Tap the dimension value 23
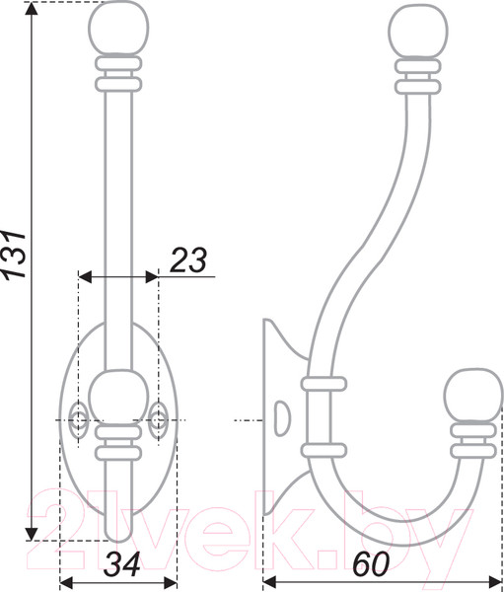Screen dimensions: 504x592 click(188, 260)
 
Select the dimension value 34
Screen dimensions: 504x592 click(122, 564)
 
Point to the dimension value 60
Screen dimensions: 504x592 click(370, 564)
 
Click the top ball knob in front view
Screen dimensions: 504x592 click(118, 29)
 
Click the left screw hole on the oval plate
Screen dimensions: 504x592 click(78, 420)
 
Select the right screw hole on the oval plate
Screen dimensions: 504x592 click(158, 420)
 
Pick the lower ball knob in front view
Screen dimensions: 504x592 click(118, 398)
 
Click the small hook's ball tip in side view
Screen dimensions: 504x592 click(473, 396)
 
